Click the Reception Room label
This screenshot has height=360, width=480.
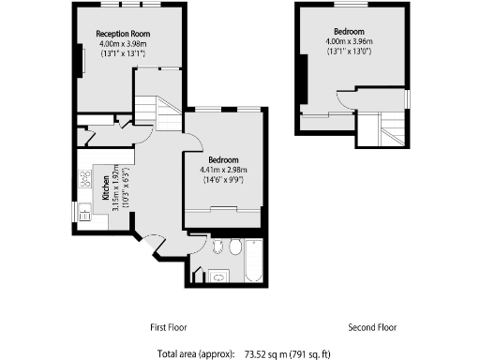coord(123,34)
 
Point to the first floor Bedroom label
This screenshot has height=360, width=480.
coord(224,159)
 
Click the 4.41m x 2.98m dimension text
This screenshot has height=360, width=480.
coord(224,170)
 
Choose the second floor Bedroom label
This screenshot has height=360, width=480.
coord(349,31)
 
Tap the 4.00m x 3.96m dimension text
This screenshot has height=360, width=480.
coord(349,41)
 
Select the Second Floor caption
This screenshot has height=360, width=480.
coord(372,328)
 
